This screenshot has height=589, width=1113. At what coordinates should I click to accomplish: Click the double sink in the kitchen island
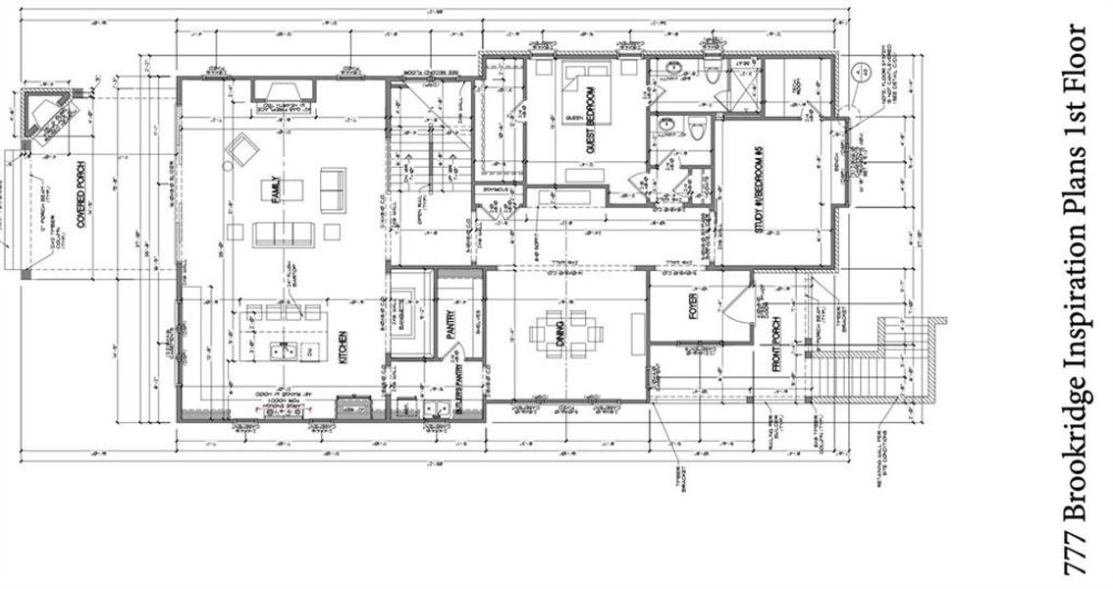(285, 351)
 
